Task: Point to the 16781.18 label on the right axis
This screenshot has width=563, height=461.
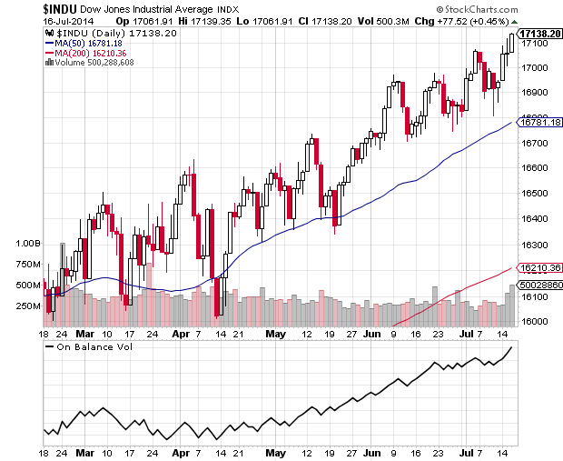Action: click(538, 122)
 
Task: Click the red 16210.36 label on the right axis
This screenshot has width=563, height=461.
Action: click(538, 268)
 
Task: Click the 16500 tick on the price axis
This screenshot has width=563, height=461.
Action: click(536, 194)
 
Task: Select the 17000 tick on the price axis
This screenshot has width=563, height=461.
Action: click(536, 67)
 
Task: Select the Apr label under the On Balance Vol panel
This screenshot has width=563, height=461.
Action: click(179, 452)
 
